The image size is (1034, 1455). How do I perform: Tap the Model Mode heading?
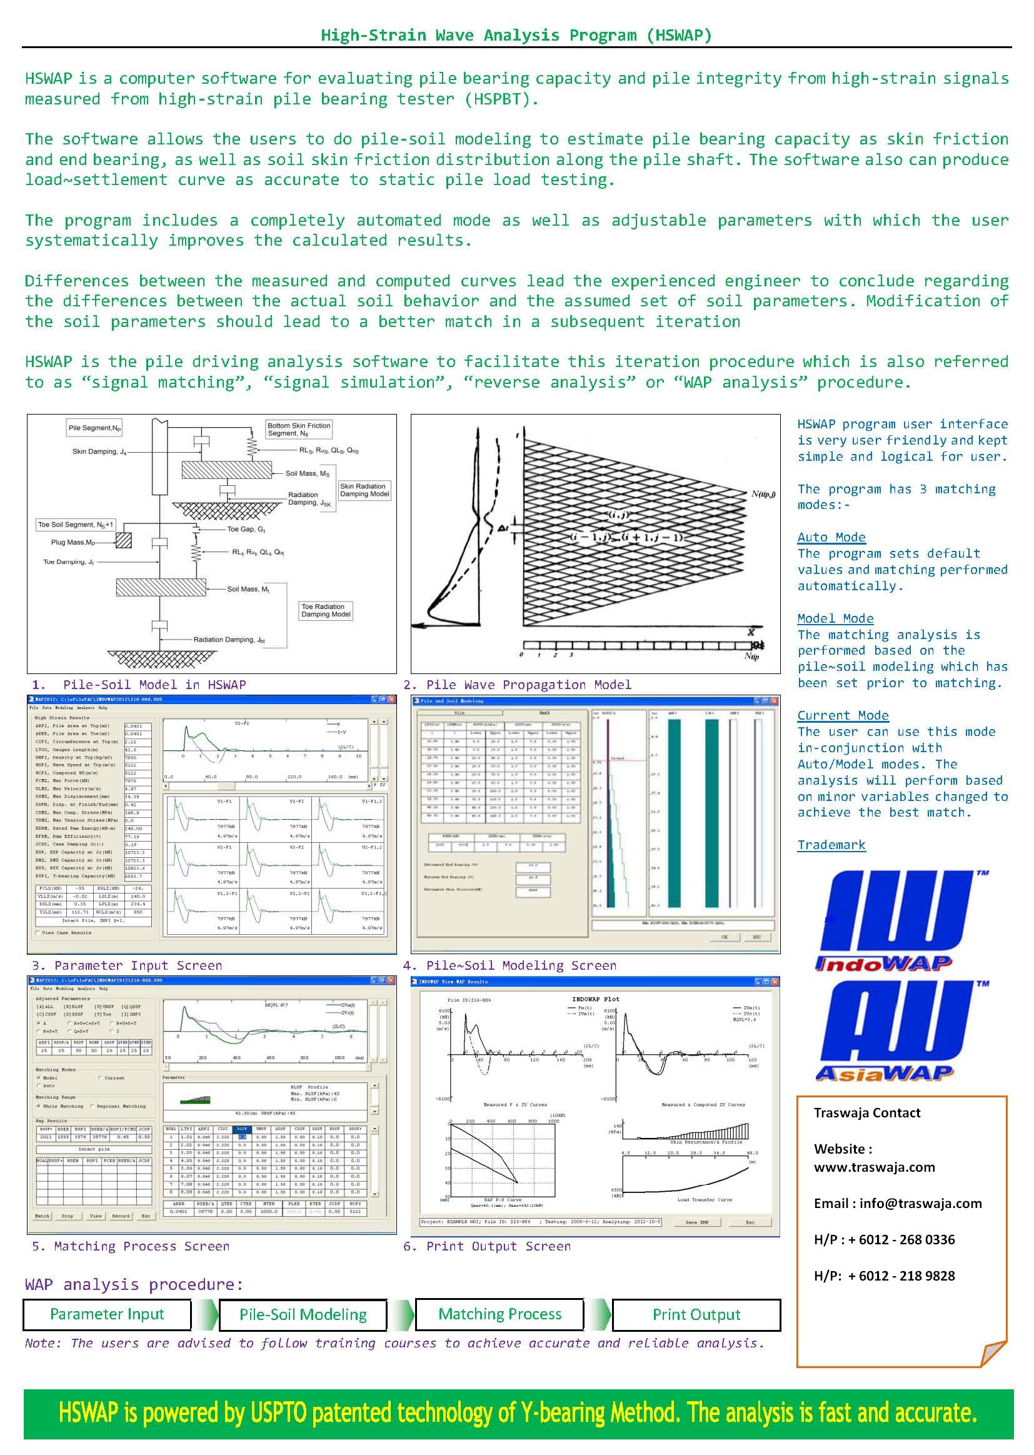click(x=835, y=618)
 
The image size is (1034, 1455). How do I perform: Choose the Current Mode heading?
click(x=843, y=715)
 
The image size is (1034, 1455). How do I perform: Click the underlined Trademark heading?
click(x=831, y=845)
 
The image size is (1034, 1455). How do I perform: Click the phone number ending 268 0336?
click(x=884, y=1240)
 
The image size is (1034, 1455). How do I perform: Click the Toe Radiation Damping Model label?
click(x=326, y=611)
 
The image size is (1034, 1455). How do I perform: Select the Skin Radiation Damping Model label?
click(x=364, y=490)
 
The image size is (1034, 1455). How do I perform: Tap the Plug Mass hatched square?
click(x=124, y=541)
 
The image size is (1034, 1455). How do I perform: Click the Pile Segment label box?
click(x=95, y=428)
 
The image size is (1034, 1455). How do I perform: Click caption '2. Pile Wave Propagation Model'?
click(x=517, y=685)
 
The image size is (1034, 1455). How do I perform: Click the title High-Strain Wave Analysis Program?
click(x=516, y=35)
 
